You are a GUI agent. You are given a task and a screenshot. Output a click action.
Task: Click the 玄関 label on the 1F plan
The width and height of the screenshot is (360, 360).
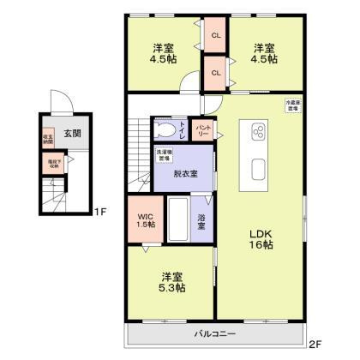click(x=72, y=134)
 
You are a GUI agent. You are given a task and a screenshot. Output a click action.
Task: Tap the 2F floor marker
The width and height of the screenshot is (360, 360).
click(x=315, y=345)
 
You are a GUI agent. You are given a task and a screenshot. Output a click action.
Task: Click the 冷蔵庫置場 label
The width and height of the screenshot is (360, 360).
click(x=292, y=106)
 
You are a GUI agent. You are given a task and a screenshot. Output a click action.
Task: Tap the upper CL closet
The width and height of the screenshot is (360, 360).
click(x=216, y=35)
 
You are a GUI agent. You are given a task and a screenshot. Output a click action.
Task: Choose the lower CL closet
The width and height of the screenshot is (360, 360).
click(x=216, y=73)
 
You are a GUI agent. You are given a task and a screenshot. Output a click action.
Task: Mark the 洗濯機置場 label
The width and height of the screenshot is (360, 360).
click(x=163, y=155)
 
